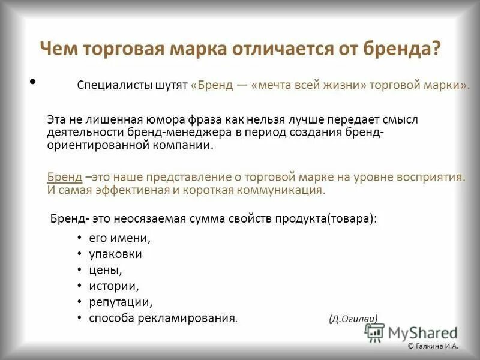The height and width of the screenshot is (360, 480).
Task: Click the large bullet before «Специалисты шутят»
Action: coord(32,81)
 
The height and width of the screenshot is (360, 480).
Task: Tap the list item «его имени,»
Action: coord(120,238)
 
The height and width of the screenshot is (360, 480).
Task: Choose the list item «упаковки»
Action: coord(116,254)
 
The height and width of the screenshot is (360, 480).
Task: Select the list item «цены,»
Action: coord(106,270)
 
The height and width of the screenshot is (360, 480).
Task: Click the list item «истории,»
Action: coord(115,286)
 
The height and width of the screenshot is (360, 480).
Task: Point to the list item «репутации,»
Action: coord(121,302)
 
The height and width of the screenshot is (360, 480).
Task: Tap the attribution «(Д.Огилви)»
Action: coord(353,318)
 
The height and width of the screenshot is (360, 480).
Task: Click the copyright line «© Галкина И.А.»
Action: coord(433,346)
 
